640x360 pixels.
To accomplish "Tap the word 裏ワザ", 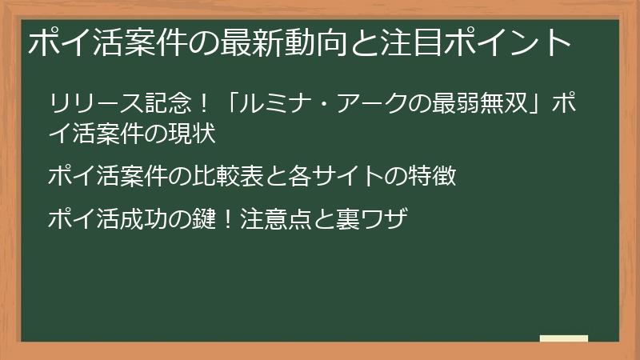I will click(376, 217).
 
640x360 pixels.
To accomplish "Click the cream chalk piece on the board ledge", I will click(563, 338).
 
